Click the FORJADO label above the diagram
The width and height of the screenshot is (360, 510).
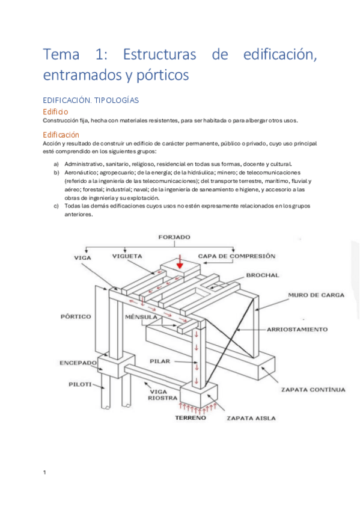(174, 237)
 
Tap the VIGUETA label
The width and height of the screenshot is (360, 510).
(127, 256)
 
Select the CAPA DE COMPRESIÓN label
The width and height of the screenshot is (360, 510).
(237, 256)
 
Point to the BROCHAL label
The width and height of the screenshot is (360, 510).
(263, 275)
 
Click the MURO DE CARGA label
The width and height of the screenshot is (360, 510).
(316, 295)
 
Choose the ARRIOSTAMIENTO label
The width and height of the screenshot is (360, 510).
(297, 330)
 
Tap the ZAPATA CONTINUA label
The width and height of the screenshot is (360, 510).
(313, 390)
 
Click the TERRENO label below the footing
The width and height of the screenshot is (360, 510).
(191, 418)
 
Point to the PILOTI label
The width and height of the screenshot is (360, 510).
(80, 384)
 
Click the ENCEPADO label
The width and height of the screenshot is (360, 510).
(78, 363)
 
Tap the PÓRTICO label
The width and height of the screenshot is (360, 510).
(76, 316)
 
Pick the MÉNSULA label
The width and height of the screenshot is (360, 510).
(141, 317)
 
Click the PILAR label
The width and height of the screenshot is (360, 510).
(160, 361)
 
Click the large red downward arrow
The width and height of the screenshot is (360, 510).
(180, 262)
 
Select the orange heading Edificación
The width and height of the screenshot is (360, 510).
(61, 135)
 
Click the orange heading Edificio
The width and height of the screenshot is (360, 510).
(55, 112)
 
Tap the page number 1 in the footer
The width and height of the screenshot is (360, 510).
(44, 473)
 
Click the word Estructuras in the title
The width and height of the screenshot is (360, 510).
(159, 54)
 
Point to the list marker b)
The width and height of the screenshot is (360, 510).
(56, 173)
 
